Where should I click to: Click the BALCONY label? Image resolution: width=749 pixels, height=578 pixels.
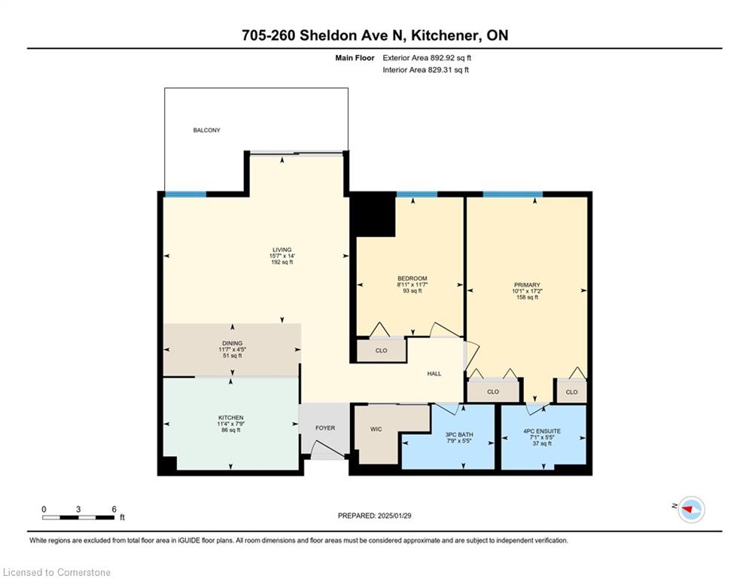(206, 130)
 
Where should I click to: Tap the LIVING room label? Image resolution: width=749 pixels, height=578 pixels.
(282, 250)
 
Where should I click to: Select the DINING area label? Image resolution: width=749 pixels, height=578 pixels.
(232, 343)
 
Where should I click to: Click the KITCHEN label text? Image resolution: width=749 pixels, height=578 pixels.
(230, 418)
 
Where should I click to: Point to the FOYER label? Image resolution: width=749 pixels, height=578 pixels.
(325, 428)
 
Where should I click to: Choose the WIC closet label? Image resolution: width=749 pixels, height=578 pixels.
(376, 429)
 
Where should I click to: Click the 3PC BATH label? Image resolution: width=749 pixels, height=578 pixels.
(459, 435)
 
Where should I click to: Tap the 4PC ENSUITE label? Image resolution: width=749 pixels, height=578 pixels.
(542, 431)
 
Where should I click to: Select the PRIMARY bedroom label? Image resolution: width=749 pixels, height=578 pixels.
(527, 284)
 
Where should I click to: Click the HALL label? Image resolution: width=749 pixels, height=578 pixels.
(434, 373)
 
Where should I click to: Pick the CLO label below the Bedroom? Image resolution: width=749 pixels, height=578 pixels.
(381, 351)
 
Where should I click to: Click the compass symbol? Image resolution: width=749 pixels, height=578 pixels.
(691, 510)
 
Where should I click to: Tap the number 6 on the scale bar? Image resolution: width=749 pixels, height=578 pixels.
(114, 510)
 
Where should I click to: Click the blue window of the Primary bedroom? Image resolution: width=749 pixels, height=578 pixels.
(513, 194)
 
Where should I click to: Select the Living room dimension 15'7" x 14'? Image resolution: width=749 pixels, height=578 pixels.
(282, 256)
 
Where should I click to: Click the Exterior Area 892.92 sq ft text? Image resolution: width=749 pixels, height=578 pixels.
(427, 58)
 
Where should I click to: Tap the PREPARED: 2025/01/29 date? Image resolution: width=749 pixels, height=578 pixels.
(375, 516)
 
